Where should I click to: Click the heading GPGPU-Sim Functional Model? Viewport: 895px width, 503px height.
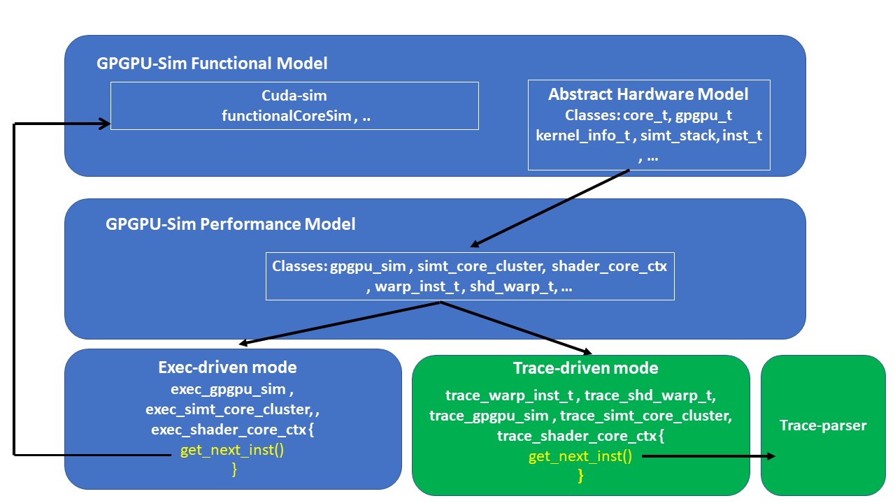(x=212, y=64)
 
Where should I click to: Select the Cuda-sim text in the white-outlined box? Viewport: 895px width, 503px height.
(x=294, y=95)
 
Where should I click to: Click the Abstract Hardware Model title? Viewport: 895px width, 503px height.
(x=648, y=94)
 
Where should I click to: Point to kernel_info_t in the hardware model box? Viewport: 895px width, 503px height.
(x=583, y=136)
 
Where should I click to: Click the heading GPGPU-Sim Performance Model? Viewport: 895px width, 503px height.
(x=230, y=224)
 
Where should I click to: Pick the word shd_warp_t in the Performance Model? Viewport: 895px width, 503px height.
(x=508, y=286)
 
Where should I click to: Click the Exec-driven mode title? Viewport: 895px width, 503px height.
(x=227, y=367)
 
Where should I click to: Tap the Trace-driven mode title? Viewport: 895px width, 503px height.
(x=585, y=368)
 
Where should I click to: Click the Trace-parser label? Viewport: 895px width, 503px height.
(x=823, y=425)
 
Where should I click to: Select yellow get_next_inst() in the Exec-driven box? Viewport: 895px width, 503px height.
(x=232, y=450)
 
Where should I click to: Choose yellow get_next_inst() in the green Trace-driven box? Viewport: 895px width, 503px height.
(x=580, y=457)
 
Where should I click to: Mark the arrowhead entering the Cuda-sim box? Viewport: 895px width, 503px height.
(x=106, y=124)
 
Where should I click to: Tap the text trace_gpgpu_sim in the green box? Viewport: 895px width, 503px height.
(x=489, y=416)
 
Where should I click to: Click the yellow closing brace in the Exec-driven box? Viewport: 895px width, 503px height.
(x=234, y=470)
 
